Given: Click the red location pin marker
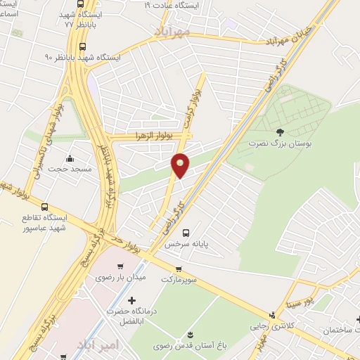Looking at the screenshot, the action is (x=181, y=165).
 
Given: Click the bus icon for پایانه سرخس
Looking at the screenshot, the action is (x=186, y=233).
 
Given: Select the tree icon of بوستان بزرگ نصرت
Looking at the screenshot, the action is (x=281, y=131).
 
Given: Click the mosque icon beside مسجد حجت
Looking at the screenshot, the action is (x=69, y=157).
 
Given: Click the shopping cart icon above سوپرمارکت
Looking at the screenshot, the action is (x=179, y=269).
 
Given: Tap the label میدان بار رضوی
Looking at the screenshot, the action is (x=120, y=278).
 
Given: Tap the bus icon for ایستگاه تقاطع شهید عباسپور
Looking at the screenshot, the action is (x=45, y=207).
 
